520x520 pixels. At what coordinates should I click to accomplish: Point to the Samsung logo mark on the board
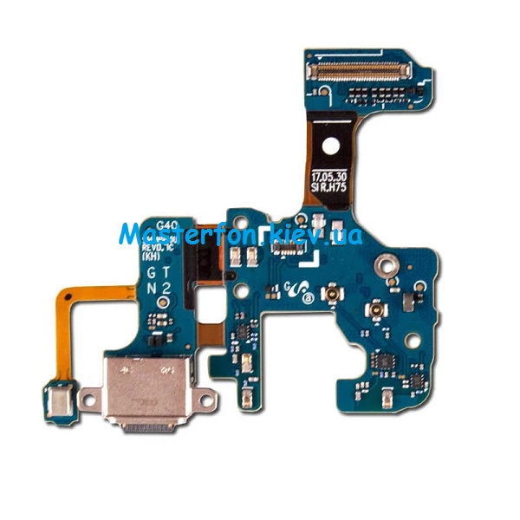300,293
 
